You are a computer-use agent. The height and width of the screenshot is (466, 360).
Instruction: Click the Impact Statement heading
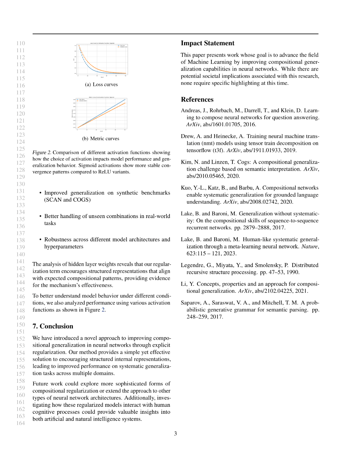pyautogui.click(x=207, y=43)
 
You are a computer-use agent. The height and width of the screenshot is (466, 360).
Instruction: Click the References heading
pyautogui.click(x=197, y=100)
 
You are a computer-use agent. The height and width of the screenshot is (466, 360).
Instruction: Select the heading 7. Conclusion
pyautogui.click(x=53, y=326)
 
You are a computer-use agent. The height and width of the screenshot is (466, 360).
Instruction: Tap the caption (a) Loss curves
pyautogui.click(x=101, y=85)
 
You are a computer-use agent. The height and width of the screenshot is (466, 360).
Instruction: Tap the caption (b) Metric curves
pyautogui.click(x=101, y=138)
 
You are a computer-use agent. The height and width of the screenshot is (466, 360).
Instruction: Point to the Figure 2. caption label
pyautogui.click(x=42, y=152)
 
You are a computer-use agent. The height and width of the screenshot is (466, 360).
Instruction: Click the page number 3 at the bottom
pyautogui.click(x=176, y=433)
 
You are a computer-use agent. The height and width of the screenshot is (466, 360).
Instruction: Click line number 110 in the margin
pyautogui.click(x=21, y=43)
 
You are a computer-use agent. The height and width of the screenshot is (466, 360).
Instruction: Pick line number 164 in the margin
pyautogui.click(x=21, y=423)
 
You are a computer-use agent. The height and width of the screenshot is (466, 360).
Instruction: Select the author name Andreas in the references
pyautogui.click(x=190, y=111)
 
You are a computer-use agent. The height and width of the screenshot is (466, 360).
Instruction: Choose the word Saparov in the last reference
pyautogui.click(x=191, y=303)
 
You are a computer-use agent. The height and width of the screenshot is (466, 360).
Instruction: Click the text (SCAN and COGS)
pyautogui.click(x=67, y=200)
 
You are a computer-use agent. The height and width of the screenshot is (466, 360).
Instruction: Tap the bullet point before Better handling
pyautogui.click(x=40, y=216)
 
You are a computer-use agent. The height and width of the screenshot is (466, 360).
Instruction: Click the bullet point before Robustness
pyautogui.click(x=40, y=240)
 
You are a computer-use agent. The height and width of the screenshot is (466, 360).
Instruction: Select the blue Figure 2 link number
pyautogui.click(x=103, y=310)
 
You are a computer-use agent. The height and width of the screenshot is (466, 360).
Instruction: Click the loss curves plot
pyautogui.click(x=101, y=60)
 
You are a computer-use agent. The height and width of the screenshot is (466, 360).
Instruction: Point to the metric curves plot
pyautogui.click(x=101, y=114)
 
